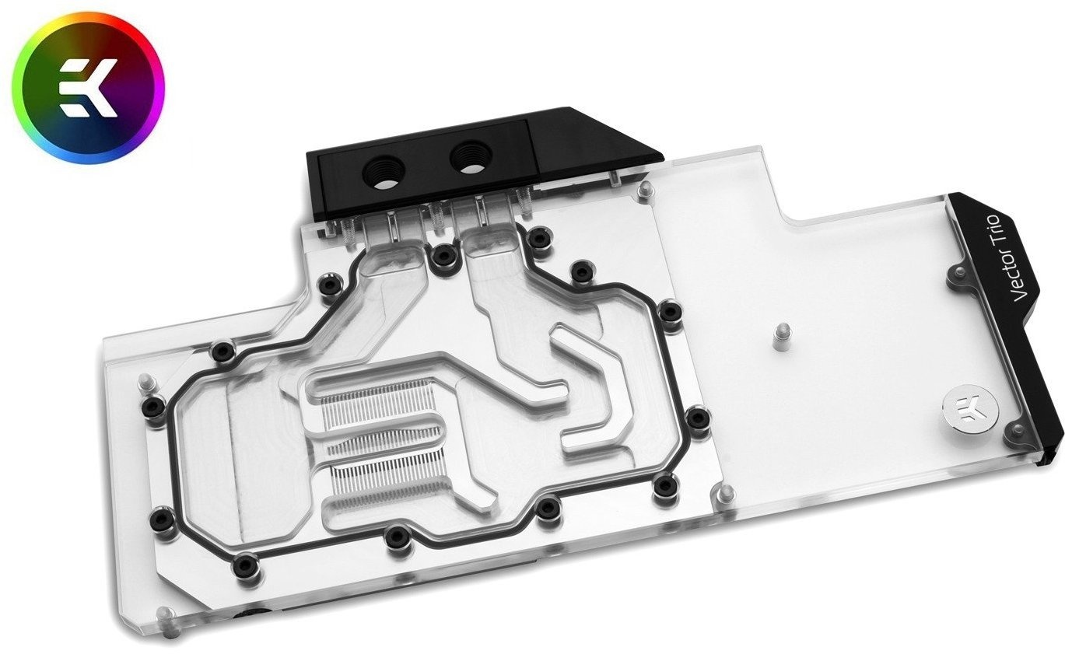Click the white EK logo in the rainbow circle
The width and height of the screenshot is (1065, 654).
[x=89, y=88]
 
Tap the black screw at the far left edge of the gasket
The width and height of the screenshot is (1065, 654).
[x=153, y=406]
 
